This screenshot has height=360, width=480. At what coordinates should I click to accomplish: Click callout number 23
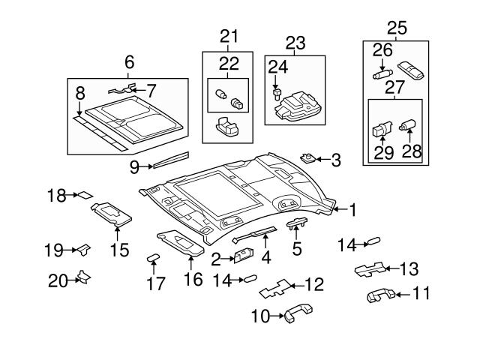pyautogui.click(x=295, y=43)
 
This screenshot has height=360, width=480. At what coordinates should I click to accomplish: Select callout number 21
pyautogui.click(x=227, y=36)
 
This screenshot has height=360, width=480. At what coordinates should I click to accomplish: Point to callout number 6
pyautogui.click(x=129, y=62)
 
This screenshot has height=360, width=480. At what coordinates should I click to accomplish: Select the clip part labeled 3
pyautogui.click(x=307, y=157)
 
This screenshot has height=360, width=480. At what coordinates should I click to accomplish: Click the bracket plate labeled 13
pyautogui.click(x=370, y=269)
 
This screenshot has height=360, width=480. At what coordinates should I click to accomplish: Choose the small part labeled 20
pyautogui.click(x=84, y=279)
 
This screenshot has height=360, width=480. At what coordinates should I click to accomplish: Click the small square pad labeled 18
pyautogui.click(x=85, y=195)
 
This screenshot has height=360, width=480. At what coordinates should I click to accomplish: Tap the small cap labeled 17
pyautogui.click(x=154, y=257)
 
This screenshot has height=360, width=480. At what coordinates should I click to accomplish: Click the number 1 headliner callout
pyautogui.click(x=351, y=210)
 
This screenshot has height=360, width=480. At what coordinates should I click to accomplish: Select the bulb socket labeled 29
pyautogui.click(x=382, y=128)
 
